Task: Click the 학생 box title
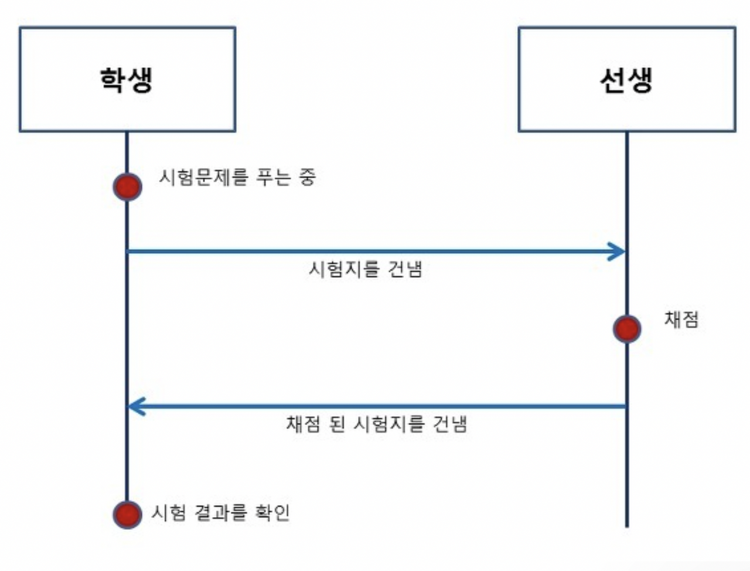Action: coord(127,80)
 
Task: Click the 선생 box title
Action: coord(626,80)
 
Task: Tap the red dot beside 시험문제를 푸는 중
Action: coord(127,187)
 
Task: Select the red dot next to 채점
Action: coord(626,328)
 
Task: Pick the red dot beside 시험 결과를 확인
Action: coord(127,514)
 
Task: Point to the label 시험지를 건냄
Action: coord(366,269)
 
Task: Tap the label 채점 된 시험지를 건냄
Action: coord(376,424)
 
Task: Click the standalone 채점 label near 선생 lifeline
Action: coord(681,320)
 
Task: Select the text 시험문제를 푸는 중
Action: coord(237,176)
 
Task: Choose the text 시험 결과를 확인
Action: coord(221,513)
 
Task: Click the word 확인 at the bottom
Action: coord(272,513)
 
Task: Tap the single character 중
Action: coord(308,176)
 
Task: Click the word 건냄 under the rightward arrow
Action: coord(405,269)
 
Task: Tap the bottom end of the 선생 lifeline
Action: coord(626,525)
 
